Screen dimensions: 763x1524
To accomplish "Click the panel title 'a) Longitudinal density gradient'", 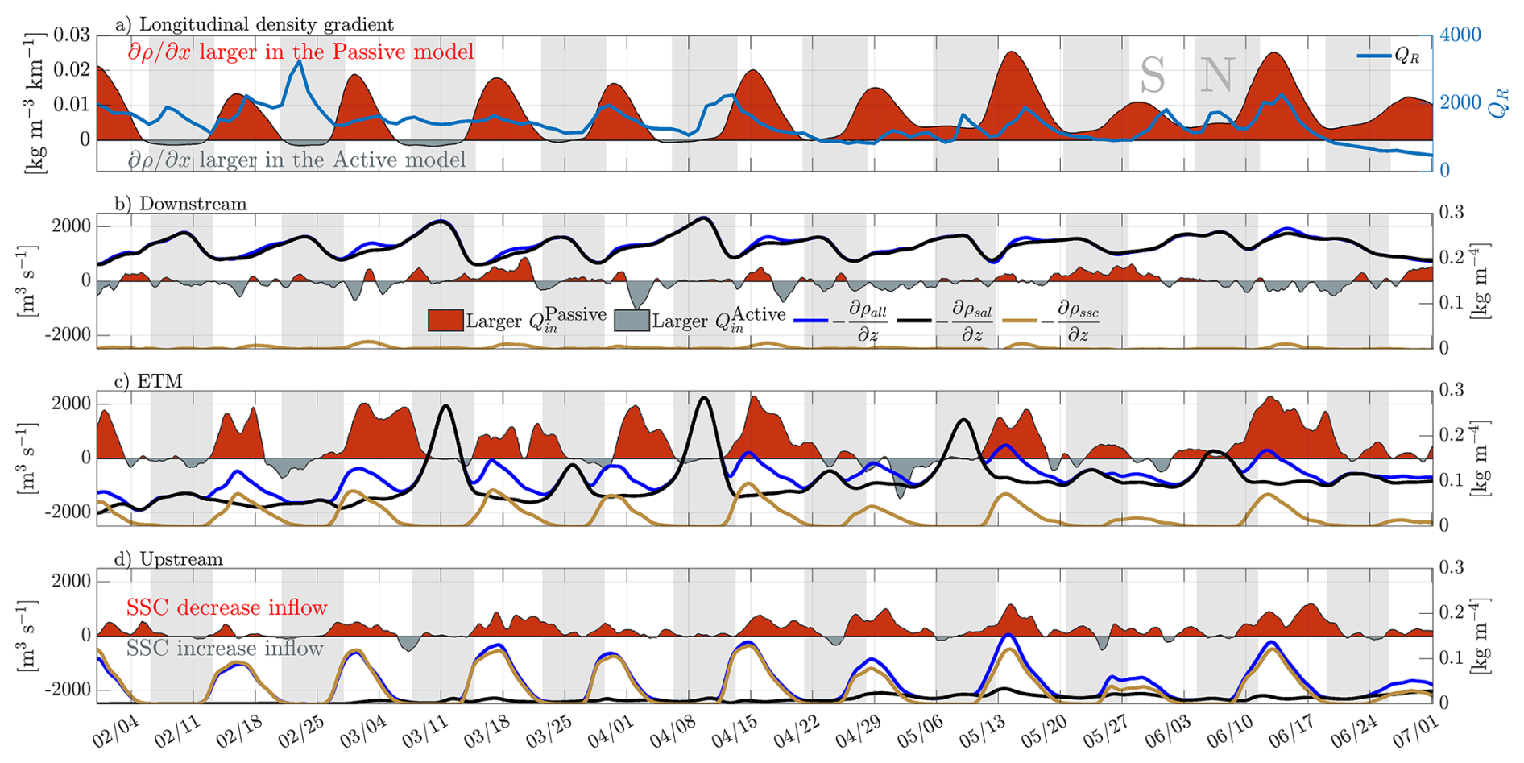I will click(255, 25).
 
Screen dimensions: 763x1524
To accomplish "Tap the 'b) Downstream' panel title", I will click(180, 204).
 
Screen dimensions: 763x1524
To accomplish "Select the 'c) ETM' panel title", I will click(148, 381).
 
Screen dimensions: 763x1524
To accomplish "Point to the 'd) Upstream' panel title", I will click(168, 559).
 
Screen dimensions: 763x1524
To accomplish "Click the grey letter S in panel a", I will click(1153, 77).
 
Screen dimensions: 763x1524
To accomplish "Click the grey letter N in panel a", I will click(1216, 76).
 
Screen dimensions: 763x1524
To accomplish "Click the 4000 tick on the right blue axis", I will click(1460, 35).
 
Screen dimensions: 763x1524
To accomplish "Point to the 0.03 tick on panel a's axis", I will click(72, 35).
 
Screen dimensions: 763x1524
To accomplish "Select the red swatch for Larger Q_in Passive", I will click(445, 320).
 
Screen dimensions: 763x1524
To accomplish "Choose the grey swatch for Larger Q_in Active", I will click(632, 320).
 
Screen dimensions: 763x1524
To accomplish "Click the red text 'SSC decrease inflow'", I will click(227, 607).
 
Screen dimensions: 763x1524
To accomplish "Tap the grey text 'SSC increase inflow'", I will click(225, 649).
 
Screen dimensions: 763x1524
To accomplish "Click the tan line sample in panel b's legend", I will click(1019, 321).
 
